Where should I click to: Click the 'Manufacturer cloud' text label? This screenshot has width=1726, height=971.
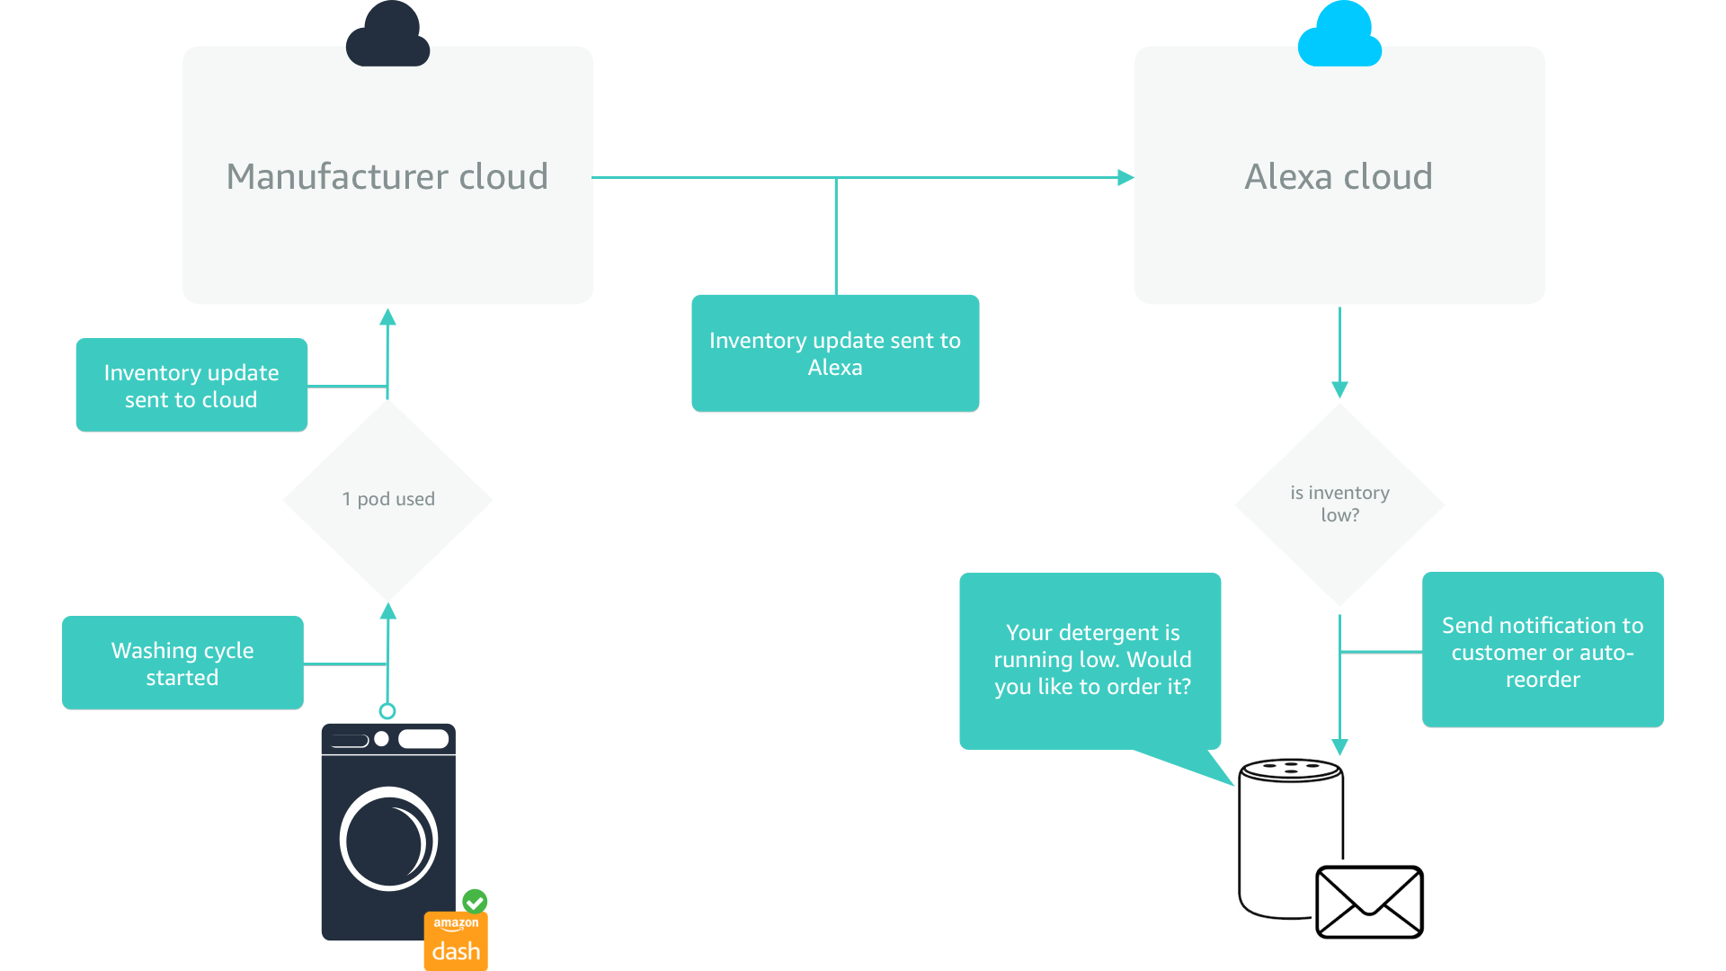point(387,176)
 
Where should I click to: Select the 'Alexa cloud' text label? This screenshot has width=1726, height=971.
point(1339,176)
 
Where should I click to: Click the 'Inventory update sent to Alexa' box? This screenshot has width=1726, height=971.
point(835,353)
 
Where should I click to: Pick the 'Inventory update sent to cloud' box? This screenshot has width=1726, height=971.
point(191,385)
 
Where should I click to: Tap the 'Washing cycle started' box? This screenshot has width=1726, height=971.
point(182,663)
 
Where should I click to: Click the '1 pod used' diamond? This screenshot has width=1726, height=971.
point(388,499)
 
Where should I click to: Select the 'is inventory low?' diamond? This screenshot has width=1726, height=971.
point(1339,503)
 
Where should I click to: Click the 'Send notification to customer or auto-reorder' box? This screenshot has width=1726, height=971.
point(1543,650)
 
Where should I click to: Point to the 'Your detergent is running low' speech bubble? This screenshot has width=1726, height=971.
point(1090,661)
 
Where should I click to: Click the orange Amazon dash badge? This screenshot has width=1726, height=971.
point(456,941)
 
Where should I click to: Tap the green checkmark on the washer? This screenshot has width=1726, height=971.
point(475,901)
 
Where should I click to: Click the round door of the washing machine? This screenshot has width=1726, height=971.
point(388,839)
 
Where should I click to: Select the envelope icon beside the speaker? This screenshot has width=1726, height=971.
point(1369,902)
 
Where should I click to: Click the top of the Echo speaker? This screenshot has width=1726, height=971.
point(1291,770)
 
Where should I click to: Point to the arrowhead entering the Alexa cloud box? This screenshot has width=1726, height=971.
point(1125,178)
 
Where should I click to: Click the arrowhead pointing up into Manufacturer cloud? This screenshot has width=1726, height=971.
point(388,317)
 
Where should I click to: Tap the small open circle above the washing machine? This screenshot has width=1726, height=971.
point(387,711)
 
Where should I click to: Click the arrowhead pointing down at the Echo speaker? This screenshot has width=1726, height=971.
point(1339,747)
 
